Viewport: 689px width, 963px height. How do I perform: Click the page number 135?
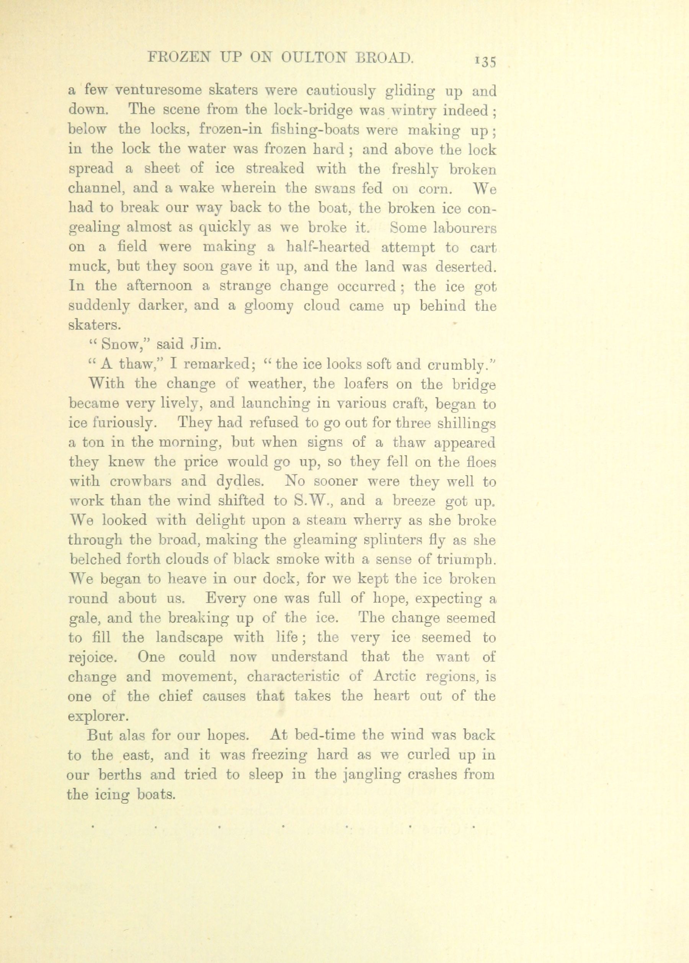coord(485,61)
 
